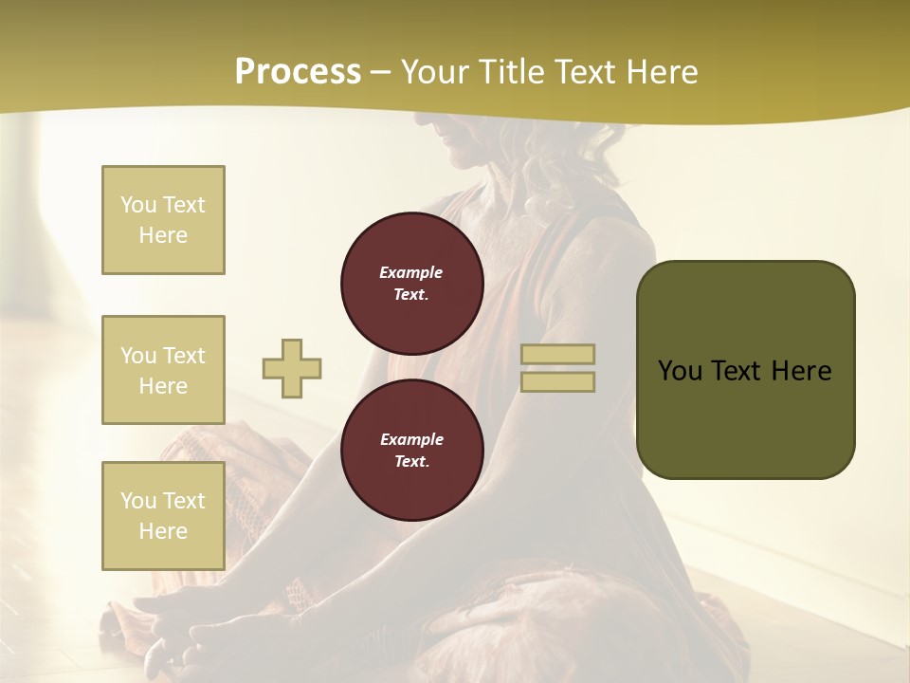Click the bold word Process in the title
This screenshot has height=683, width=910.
pyautogui.click(x=298, y=72)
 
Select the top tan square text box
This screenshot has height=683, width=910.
pyautogui.click(x=163, y=220)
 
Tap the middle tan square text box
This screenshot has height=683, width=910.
pyautogui.click(x=163, y=370)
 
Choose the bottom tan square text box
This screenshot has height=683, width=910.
pyautogui.click(x=163, y=516)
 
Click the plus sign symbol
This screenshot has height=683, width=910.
pyautogui.click(x=292, y=368)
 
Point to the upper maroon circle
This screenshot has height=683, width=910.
pyautogui.click(x=411, y=284)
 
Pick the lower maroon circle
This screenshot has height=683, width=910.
pyautogui.click(x=411, y=450)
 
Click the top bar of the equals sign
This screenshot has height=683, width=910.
pyautogui.click(x=558, y=355)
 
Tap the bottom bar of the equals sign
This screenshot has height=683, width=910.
pyautogui.click(x=558, y=381)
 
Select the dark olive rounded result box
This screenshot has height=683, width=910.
pyautogui.click(x=745, y=370)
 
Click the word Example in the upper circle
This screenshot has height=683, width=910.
pyautogui.click(x=411, y=272)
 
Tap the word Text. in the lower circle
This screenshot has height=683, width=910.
pyautogui.click(x=411, y=462)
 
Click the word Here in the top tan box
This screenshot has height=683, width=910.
pyautogui.click(x=163, y=235)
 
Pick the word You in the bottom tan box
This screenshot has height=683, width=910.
pyautogui.click(x=138, y=501)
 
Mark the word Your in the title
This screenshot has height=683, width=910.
pyautogui.click(x=435, y=72)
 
